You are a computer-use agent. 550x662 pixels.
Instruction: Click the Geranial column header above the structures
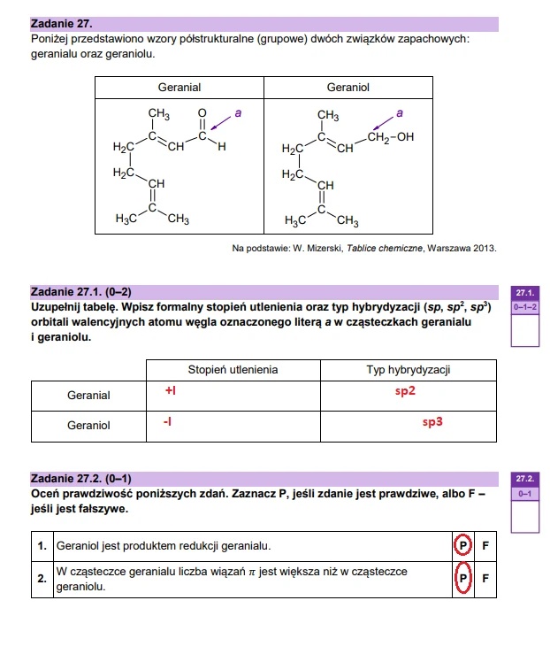(x=180, y=88)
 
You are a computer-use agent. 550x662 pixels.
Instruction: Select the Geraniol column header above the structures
(x=348, y=88)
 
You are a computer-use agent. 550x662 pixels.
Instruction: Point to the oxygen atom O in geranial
(x=202, y=113)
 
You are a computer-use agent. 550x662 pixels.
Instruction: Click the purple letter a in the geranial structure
(x=237, y=113)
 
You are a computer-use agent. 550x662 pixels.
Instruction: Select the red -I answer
(x=167, y=422)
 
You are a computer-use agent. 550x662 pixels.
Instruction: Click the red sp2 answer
(x=405, y=391)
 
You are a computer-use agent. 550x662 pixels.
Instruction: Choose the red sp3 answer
(x=432, y=423)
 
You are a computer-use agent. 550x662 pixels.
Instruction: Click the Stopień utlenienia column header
(x=233, y=369)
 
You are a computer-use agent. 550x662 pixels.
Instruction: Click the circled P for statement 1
(x=461, y=545)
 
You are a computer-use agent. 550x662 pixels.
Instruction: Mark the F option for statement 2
(x=485, y=579)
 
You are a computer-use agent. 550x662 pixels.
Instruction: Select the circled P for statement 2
(x=461, y=579)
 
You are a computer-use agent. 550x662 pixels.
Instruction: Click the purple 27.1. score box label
(x=525, y=291)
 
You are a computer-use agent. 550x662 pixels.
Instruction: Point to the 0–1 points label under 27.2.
(x=525, y=493)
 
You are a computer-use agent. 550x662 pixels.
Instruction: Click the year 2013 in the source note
(x=484, y=248)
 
